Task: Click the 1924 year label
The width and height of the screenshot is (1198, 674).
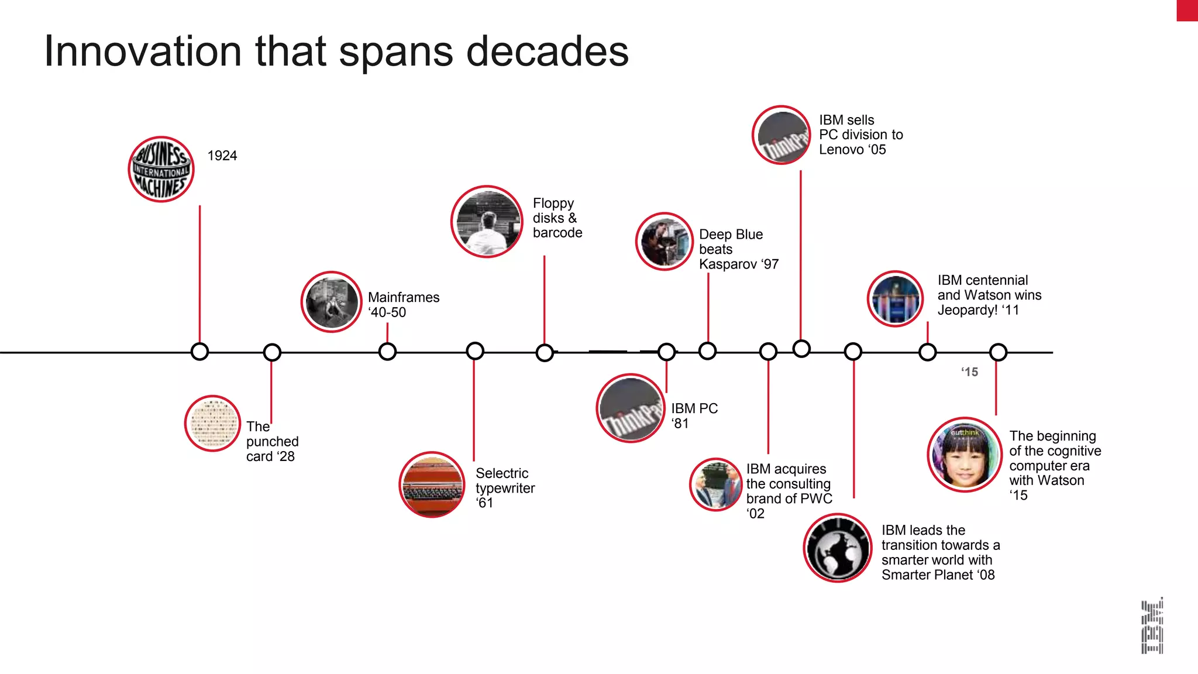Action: [222, 156]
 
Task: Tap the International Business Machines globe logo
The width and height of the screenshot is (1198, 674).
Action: [161, 170]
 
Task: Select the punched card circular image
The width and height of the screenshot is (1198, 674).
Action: [212, 423]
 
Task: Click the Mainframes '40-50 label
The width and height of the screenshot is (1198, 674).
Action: [403, 305]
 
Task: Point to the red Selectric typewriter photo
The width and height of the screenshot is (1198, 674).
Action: [432, 484]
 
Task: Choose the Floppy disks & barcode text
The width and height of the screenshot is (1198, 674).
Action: [557, 218]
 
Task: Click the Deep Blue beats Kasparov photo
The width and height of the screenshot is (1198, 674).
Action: [664, 242]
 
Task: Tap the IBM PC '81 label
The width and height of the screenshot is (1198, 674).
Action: [694, 415]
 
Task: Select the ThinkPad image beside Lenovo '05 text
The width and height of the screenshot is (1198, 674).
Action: [781, 135]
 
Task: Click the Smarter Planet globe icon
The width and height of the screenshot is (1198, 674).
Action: [837, 548]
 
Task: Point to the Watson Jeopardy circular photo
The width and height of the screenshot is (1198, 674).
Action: [895, 298]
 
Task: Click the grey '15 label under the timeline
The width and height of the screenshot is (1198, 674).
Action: [969, 372]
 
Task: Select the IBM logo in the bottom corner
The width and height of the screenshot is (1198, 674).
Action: [1152, 625]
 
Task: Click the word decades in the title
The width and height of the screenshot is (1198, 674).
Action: [547, 51]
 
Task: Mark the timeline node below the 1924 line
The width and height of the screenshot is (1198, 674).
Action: [199, 352]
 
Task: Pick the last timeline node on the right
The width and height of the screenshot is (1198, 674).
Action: [998, 352]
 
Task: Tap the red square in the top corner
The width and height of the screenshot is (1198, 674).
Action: [1187, 11]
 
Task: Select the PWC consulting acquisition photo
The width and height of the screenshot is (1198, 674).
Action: [715, 484]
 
